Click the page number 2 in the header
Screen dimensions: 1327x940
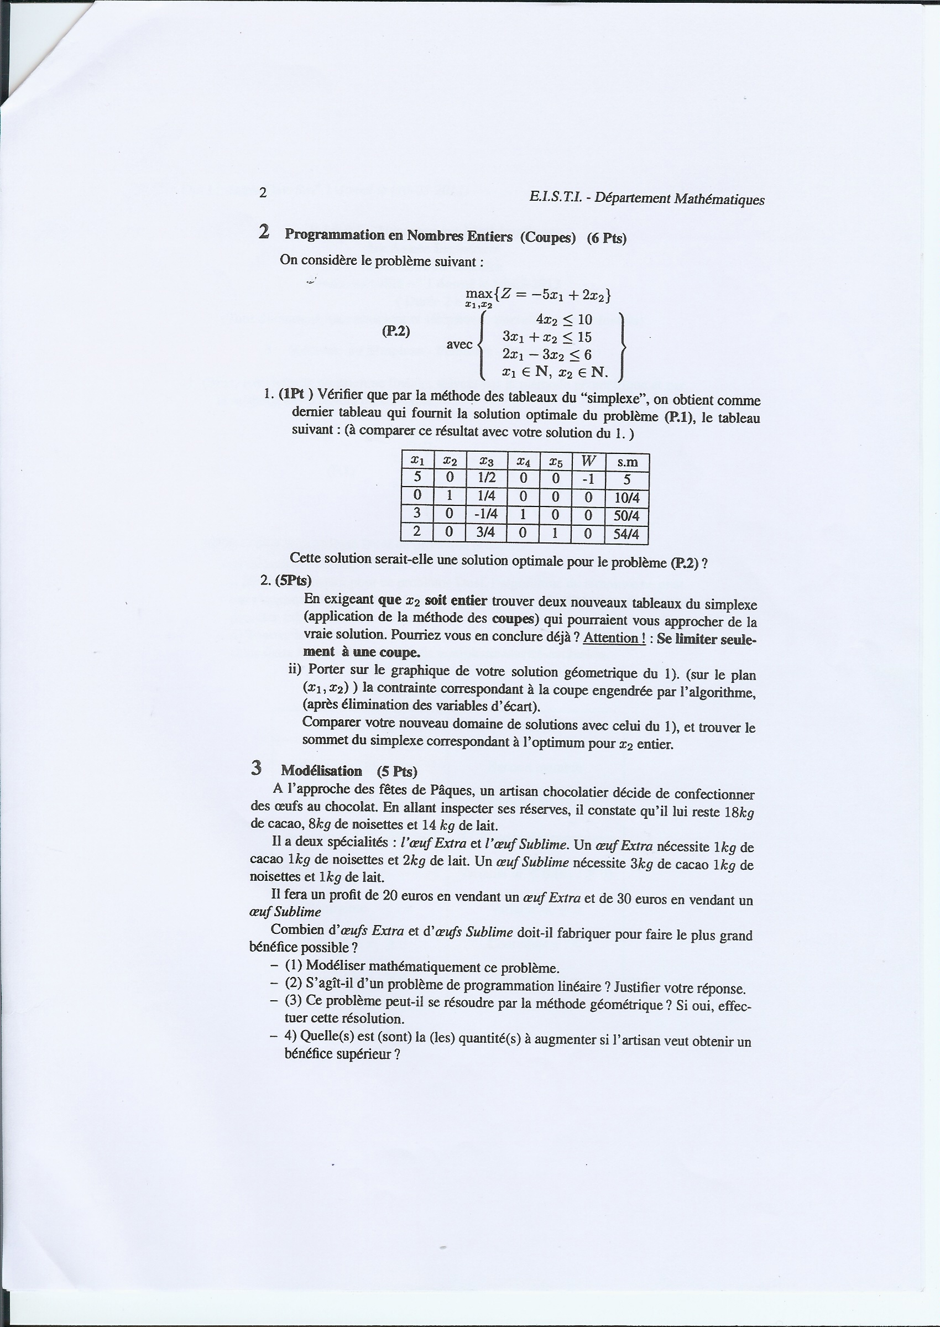click(263, 193)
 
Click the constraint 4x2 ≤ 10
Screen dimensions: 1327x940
click(564, 320)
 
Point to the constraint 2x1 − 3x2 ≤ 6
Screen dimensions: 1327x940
click(547, 355)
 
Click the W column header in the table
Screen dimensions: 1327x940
click(588, 462)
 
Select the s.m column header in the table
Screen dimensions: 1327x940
click(627, 462)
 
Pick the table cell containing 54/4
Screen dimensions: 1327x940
click(626, 534)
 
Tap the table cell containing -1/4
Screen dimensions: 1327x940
click(485, 514)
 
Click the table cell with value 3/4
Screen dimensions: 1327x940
click(485, 533)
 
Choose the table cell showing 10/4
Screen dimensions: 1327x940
click(626, 498)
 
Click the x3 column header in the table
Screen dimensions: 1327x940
click(486, 461)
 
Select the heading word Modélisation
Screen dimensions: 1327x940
click(321, 771)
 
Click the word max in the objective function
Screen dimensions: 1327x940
click(478, 294)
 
